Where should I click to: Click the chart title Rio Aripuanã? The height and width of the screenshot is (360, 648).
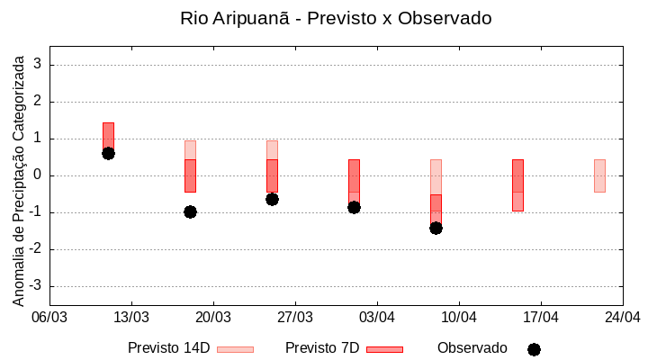(x=336, y=19)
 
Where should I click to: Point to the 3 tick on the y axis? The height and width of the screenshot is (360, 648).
(x=38, y=65)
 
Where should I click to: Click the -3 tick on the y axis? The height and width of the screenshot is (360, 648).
(x=35, y=286)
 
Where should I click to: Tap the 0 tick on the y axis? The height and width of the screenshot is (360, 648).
(x=38, y=175)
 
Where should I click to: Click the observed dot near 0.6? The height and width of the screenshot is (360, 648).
(x=108, y=153)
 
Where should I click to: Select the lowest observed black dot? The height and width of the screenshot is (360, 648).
(x=436, y=228)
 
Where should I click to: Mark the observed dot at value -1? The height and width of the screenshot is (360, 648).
(x=190, y=211)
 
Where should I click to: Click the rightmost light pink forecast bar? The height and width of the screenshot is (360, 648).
(x=599, y=175)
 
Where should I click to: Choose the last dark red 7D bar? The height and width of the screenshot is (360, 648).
(x=517, y=185)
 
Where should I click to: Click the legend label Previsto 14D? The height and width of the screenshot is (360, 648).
(x=168, y=348)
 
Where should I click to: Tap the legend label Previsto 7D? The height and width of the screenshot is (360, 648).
(x=322, y=348)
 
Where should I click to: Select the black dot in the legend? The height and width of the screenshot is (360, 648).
(x=534, y=349)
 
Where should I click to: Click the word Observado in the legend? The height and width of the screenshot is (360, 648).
(x=472, y=348)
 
